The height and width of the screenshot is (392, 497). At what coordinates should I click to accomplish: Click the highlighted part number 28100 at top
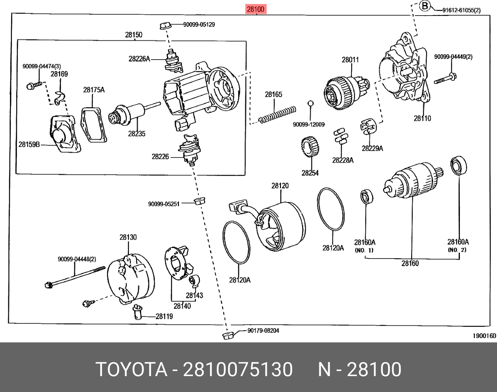click(x=256, y=9)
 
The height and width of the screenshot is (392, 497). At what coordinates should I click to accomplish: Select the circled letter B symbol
click(x=425, y=6)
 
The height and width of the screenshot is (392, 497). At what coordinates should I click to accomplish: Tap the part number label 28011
click(x=350, y=60)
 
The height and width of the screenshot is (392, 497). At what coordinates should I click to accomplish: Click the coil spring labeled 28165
click(x=278, y=115)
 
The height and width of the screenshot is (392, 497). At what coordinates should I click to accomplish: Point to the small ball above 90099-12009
click(x=310, y=103)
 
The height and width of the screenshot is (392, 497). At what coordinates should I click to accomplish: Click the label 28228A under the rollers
click(x=343, y=160)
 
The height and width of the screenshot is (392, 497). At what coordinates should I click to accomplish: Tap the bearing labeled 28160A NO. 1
click(x=366, y=197)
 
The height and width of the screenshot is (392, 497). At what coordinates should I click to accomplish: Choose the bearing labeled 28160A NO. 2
click(x=459, y=165)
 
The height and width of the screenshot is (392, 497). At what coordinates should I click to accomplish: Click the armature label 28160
click(x=410, y=264)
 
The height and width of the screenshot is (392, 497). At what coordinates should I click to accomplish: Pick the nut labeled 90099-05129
click(x=165, y=25)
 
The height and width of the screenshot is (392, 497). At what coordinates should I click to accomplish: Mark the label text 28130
click(x=128, y=237)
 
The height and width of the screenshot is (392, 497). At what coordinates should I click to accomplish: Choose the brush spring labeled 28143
click(x=194, y=281)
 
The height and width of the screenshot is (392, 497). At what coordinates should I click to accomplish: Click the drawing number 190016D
click(x=484, y=336)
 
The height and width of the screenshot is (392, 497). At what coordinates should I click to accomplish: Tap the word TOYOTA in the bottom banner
click(x=131, y=369)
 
